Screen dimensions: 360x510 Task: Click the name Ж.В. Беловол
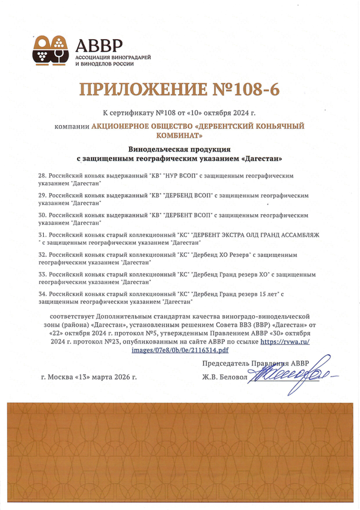(x=226, y=378)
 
